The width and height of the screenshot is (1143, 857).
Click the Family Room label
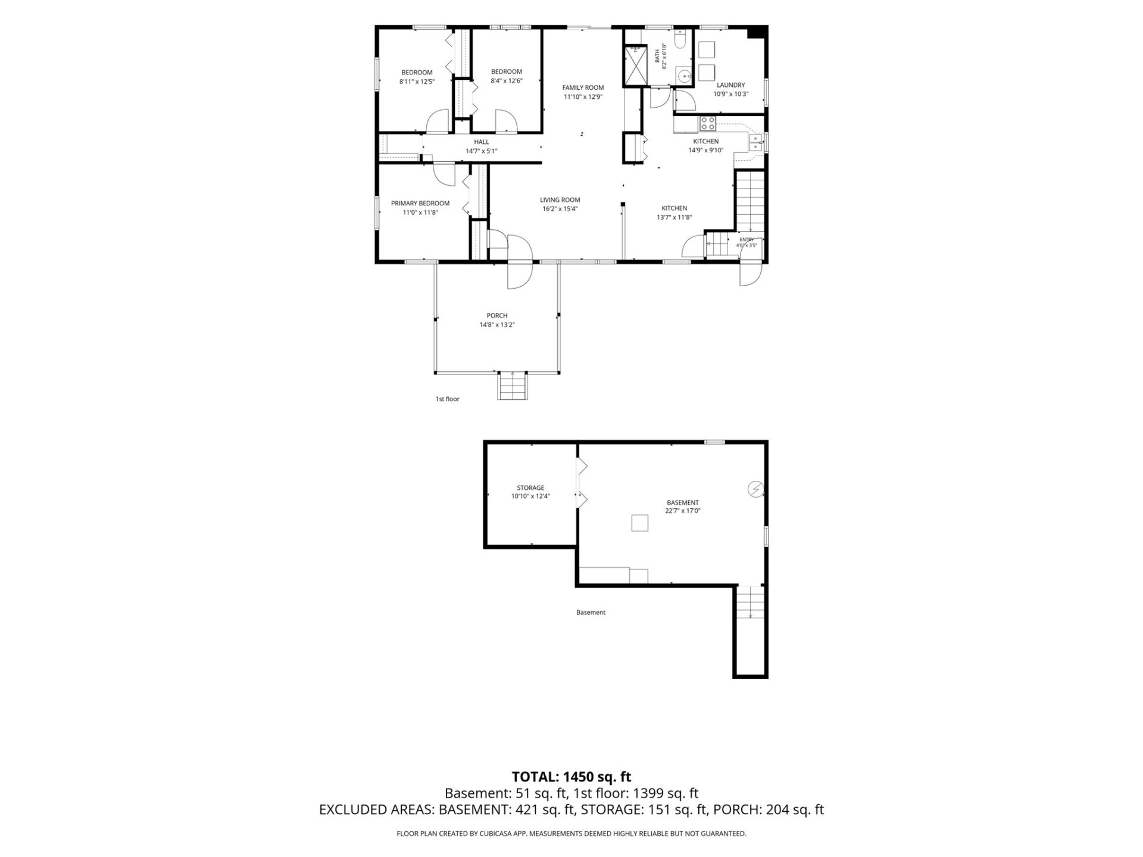click(x=583, y=87)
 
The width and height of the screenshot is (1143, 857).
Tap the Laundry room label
click(x=730, y=85)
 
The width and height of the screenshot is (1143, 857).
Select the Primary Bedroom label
click(x=420, y=203)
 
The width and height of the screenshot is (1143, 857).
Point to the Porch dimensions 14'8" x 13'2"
click(x=497, y=325)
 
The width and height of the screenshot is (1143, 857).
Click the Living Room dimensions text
click(x=560, y=209)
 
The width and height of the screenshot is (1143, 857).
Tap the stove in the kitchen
click(x=708, y=124)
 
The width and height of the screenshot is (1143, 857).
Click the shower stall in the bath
click(x=635, y=66)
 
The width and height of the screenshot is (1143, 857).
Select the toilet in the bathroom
click(x=681, y=38)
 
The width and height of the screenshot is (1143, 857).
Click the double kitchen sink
click(x=755, y=142)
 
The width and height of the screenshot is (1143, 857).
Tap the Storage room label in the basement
click(x=530, y=488)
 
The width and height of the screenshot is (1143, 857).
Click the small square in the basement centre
click(x=639, y=523)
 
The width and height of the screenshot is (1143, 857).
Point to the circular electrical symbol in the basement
click(x=755, y=489)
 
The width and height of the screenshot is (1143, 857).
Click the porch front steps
click(x=513, y=386)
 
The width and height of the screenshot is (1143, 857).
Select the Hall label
click(x=481, y=142)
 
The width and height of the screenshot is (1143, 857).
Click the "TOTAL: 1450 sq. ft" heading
click(x=571, y=777)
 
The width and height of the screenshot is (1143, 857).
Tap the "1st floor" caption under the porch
click(x=447, y=399)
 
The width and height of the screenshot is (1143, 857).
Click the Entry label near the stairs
click(x=747, y=239)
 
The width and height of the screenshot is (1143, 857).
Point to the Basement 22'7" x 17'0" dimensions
click(x=682, y=511)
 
